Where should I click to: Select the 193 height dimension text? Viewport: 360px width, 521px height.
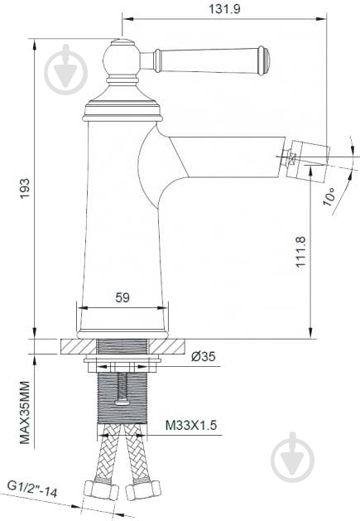tap(25, 183)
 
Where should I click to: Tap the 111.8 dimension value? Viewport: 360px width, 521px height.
tap(301, 250)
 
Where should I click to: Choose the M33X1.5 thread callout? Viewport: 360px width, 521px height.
tap(190, 426)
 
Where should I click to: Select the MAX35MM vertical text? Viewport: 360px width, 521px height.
tap(25, 412)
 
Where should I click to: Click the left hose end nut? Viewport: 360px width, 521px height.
tap(99, 491)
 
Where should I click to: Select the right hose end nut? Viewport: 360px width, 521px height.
tap(142, 491)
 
